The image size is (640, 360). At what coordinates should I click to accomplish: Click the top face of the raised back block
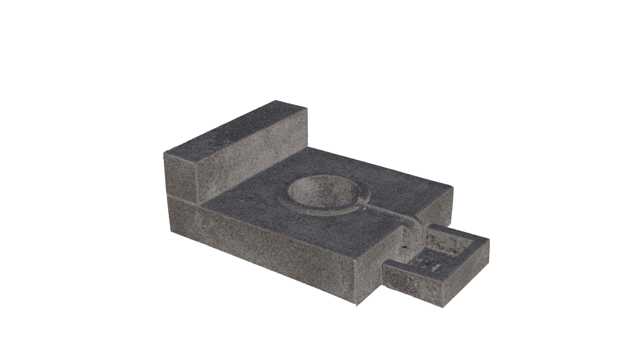coord(233,130)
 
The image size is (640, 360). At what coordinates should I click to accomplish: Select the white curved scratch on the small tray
coord(436,267)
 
